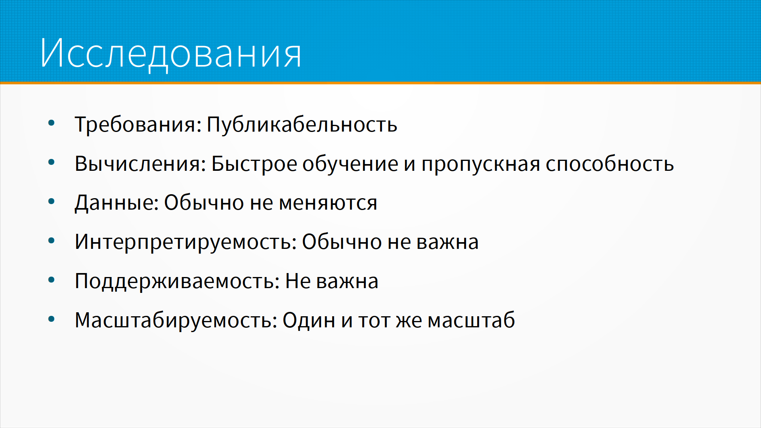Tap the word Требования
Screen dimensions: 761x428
(x=135, y=124)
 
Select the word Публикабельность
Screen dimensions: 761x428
(x=302, y=124)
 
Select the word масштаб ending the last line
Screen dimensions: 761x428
(x=471, y=320)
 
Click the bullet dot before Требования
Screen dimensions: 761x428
(x=51, y=123)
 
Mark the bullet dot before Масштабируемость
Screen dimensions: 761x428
(x=51, y=319)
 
